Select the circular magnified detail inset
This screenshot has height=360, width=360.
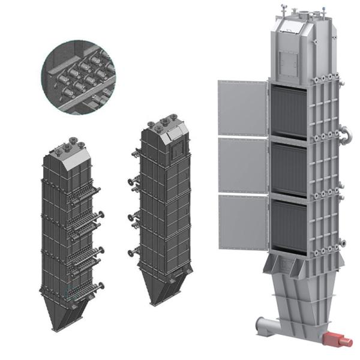point(78,76)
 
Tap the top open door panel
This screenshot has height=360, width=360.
point(242,108)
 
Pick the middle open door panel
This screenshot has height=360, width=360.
point(242,166)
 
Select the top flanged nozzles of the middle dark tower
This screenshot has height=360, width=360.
point(161,126)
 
